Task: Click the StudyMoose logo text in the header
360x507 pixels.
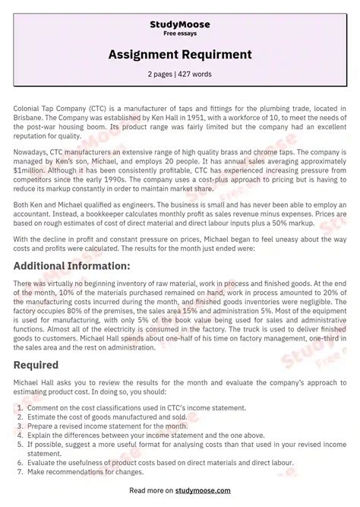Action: (180, 25)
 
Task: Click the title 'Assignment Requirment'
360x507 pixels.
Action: (180, 55)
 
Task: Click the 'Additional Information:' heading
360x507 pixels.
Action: (72, 265)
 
